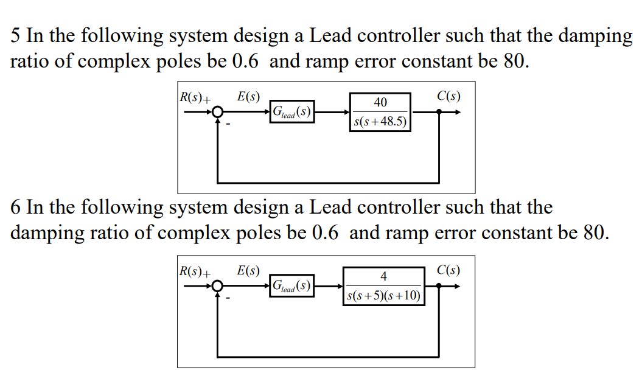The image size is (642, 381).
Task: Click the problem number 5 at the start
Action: point(16,37)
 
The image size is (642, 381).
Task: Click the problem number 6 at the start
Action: point(16,208)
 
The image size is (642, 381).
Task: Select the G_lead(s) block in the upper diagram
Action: point(293,112)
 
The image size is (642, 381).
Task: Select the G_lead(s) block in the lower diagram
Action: point(293,285)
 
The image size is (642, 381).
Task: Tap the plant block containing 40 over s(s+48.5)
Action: point(380,112)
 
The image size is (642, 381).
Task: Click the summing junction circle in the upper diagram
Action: point(218,112)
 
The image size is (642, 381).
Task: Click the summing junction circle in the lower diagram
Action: point(218,285)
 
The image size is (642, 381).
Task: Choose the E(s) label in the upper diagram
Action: point(248,96)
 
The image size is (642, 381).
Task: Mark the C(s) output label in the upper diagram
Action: point(448,96)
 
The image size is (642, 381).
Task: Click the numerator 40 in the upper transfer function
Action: point(380,102)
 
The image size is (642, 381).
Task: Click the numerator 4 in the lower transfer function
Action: point(383,276)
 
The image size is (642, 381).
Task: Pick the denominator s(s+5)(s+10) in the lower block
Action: point(383,296)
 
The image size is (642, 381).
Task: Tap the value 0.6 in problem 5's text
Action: point(247,62)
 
